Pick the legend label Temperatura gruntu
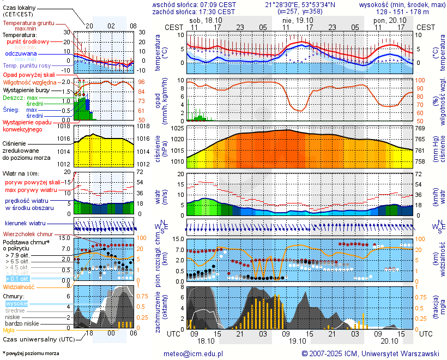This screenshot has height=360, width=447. click(28, 23)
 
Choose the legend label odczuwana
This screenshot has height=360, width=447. click(21, 54)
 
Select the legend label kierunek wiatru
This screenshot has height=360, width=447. click(25, 223)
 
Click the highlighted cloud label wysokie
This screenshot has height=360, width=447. click(16, 303)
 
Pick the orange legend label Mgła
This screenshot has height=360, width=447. click(9, 330)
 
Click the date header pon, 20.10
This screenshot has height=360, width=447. click(386, 20)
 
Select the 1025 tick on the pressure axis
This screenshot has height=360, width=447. click(178, 128)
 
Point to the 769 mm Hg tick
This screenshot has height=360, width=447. click(420, 128)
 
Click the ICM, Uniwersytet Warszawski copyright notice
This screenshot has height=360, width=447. click(371, 354)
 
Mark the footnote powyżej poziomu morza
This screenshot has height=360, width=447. click(31, 354)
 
